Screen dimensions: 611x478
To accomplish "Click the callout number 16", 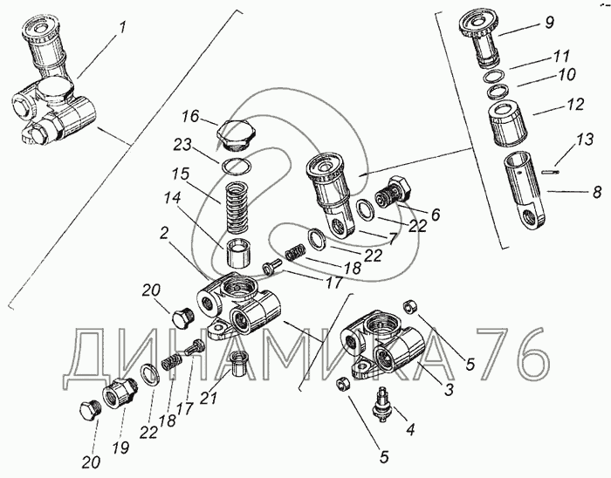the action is [190, 116].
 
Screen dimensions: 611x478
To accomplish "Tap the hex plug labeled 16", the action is [234, 136].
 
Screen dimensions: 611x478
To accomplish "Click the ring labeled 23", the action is [237, 167].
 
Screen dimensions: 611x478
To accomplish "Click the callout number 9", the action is [549, 23].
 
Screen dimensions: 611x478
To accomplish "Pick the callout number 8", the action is [597, 192].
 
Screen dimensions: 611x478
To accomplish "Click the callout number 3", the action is [449, 389].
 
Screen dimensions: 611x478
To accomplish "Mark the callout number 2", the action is [164, 233].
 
